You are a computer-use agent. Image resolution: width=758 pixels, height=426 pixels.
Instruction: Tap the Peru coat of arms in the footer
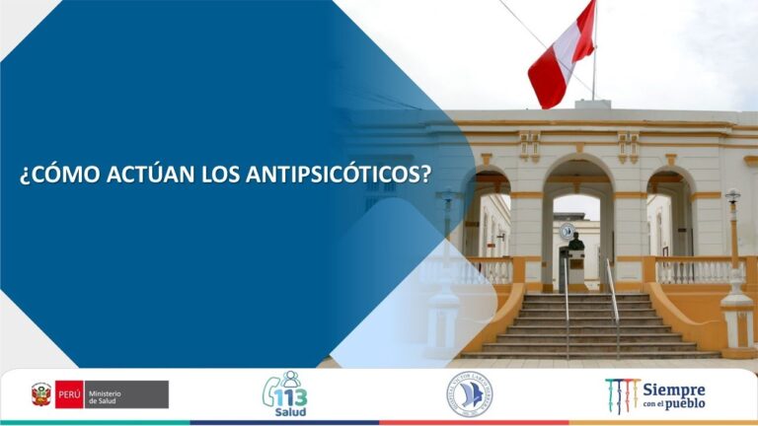(40, 394)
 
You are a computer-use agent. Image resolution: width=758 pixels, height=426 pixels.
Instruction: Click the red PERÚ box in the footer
(69, 394)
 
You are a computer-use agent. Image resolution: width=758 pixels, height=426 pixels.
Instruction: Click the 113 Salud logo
(285, 394)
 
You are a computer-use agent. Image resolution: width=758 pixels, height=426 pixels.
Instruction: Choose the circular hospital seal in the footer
(468, 393)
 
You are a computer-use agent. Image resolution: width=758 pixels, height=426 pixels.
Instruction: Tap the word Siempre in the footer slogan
(675, 390)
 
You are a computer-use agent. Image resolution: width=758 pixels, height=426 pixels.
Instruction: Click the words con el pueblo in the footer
(673, 405)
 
